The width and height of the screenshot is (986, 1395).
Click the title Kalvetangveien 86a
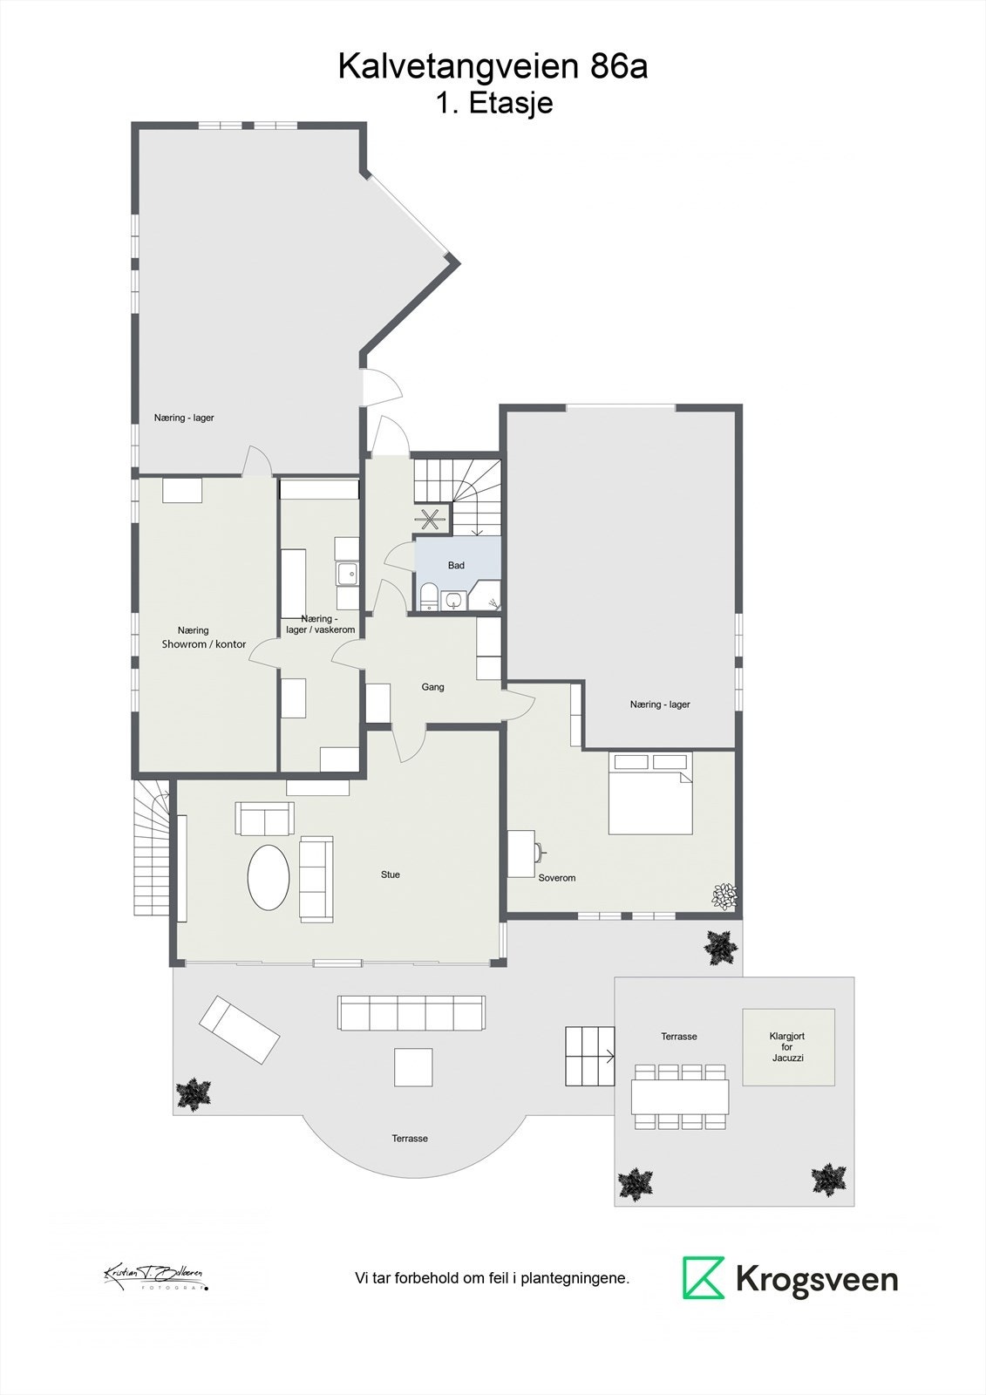[x=493, y=66]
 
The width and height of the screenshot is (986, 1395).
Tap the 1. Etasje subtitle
[x=494, y=103]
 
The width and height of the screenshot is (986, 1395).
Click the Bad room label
[x=456, y=565]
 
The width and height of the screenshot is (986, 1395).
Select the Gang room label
[x=432, y=687]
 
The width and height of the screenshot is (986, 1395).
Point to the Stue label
[x=390, y=874]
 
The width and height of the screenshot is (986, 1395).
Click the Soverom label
[x=556, y=878]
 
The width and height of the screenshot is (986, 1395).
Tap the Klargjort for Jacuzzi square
[x=788, y=1047]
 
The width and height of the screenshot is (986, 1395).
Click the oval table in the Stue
[x=269, y=878]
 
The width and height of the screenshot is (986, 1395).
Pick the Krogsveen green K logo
[x=703, y=1278]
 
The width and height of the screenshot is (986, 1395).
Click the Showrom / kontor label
[x=203, y=644]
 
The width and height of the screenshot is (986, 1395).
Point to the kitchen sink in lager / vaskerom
[x=347, y=574]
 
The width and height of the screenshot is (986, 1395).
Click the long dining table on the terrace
[x=680, y=1096]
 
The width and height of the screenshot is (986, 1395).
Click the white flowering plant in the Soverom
[x=724, y=896]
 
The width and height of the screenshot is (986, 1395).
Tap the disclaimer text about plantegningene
[x=492, y=1279]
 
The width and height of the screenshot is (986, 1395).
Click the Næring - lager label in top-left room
[x=184, y=418]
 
